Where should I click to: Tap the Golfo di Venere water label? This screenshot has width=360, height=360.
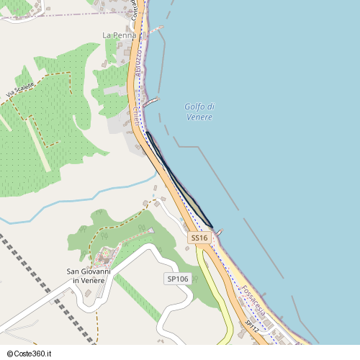[x=199, y=112]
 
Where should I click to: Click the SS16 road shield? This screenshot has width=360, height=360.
[x=199, y=238]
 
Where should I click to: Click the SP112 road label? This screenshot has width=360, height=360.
[x=251, y=326]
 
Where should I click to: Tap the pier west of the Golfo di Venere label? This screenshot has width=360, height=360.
[x=150, y=102]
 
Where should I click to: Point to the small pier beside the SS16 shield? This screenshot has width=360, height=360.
[x=219, y=232]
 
